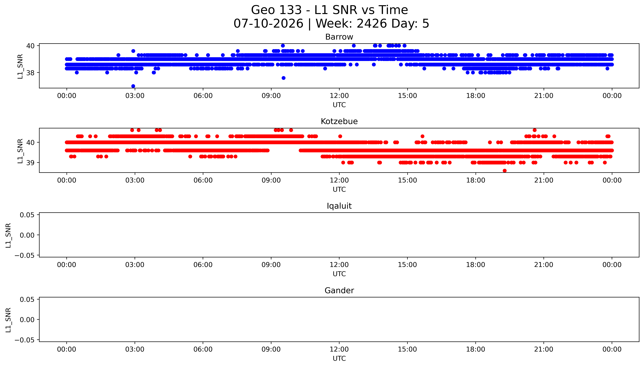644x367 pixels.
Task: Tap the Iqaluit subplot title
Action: click(339, 206)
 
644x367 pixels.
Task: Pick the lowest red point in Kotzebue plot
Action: click(504, 171)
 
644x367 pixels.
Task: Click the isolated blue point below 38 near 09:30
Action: click(283, 78)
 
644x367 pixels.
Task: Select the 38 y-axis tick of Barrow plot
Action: click(30, 73)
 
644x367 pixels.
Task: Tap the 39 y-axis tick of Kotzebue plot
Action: click(30, 163)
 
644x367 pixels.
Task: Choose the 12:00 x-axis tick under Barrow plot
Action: click(339, 96)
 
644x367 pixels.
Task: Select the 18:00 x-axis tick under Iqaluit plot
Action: click(476, 265)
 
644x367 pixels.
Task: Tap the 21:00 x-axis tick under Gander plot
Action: click(544, 349)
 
